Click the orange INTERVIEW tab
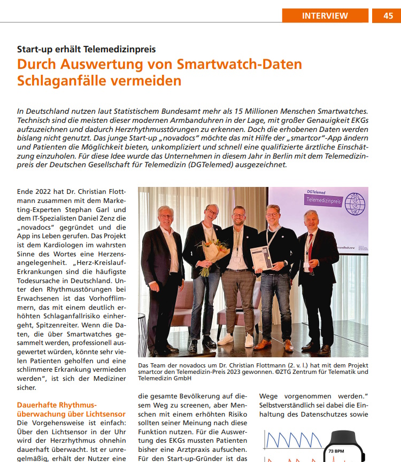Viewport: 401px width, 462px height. click(325, 15)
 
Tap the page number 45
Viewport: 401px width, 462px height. click(389, 15)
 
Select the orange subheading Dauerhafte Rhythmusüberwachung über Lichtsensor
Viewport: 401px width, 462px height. click(71, 410)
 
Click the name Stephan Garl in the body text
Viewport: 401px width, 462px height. click(91, 210)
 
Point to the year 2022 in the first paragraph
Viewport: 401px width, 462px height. click(42, 191)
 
